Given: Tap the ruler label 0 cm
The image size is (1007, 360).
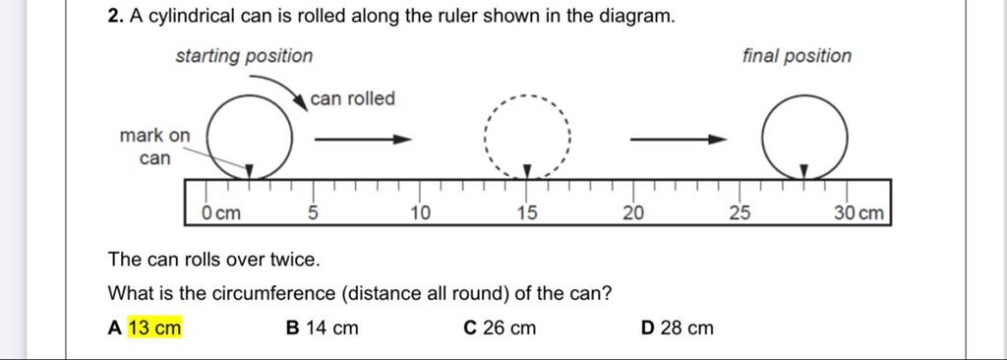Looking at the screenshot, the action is click(x=220, y=211).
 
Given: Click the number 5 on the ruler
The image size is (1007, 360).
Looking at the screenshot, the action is click(x=314, y=211).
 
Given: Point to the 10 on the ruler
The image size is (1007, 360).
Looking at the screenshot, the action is click(x=420, y=211).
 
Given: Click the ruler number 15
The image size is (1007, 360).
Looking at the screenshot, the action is click(x=527, y=211).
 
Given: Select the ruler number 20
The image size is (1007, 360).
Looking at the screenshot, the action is click(x=633, y=211).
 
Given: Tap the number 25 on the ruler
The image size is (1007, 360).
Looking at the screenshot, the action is click(x=740, y=211).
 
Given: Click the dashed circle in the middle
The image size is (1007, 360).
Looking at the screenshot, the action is click(x=528, y=140).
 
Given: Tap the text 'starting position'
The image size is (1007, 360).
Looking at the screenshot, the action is click(x=244, y=56).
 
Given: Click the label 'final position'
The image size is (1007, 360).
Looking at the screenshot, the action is click(x=798, y=56).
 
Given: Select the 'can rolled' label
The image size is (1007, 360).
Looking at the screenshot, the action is click(x=352, y=98).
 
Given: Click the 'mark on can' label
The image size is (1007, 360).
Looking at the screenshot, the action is click(x=153, y=146).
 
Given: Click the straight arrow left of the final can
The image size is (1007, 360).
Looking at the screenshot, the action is click(x=678, y=140).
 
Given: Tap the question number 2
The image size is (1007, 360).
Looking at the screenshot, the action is click(x=115, y=18).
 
